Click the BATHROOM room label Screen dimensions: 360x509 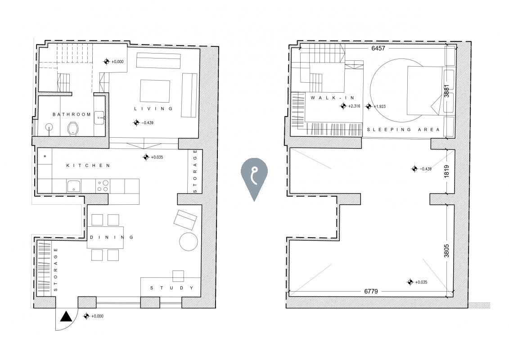coord(72,114)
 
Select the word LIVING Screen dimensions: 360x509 coord(153,109)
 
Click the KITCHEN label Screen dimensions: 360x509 coord(88,166)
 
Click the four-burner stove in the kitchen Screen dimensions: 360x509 coord(103,186)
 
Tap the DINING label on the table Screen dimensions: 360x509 coord(112,237)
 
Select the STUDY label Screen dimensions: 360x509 coord(172,288)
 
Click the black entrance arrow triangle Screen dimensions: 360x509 coord(67,317)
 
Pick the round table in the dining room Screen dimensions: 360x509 coord(188,241)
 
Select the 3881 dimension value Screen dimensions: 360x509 coord(446,91)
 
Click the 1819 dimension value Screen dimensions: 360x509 coord(446,171)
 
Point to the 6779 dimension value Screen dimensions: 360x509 coord(371,292)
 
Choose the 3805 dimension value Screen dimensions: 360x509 coord(446,250)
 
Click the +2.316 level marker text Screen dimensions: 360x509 coord(356,107)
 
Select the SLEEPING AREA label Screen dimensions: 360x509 coord(403,130)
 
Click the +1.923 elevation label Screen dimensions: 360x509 coord(378,107)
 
